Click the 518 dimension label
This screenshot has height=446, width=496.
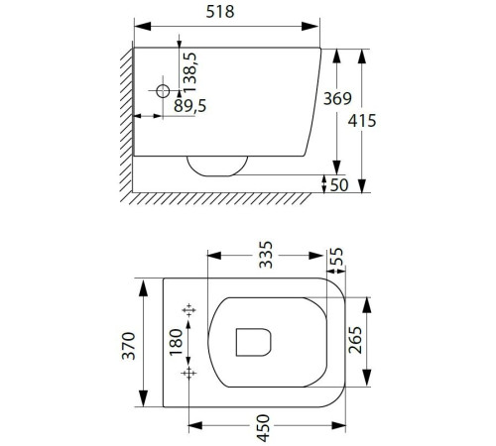(220, 12)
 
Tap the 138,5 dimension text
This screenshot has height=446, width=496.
(190, 72)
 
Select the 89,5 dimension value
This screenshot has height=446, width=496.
(190, 106)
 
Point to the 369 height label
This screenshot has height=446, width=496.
(337, 98)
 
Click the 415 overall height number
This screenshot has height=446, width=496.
(362, 121)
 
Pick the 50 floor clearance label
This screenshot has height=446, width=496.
(339, 185)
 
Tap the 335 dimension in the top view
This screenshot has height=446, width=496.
(266, 255)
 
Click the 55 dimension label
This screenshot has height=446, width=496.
(336, 257)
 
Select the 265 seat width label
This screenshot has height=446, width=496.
(355, 340)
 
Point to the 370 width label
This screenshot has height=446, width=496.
(129, 346)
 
